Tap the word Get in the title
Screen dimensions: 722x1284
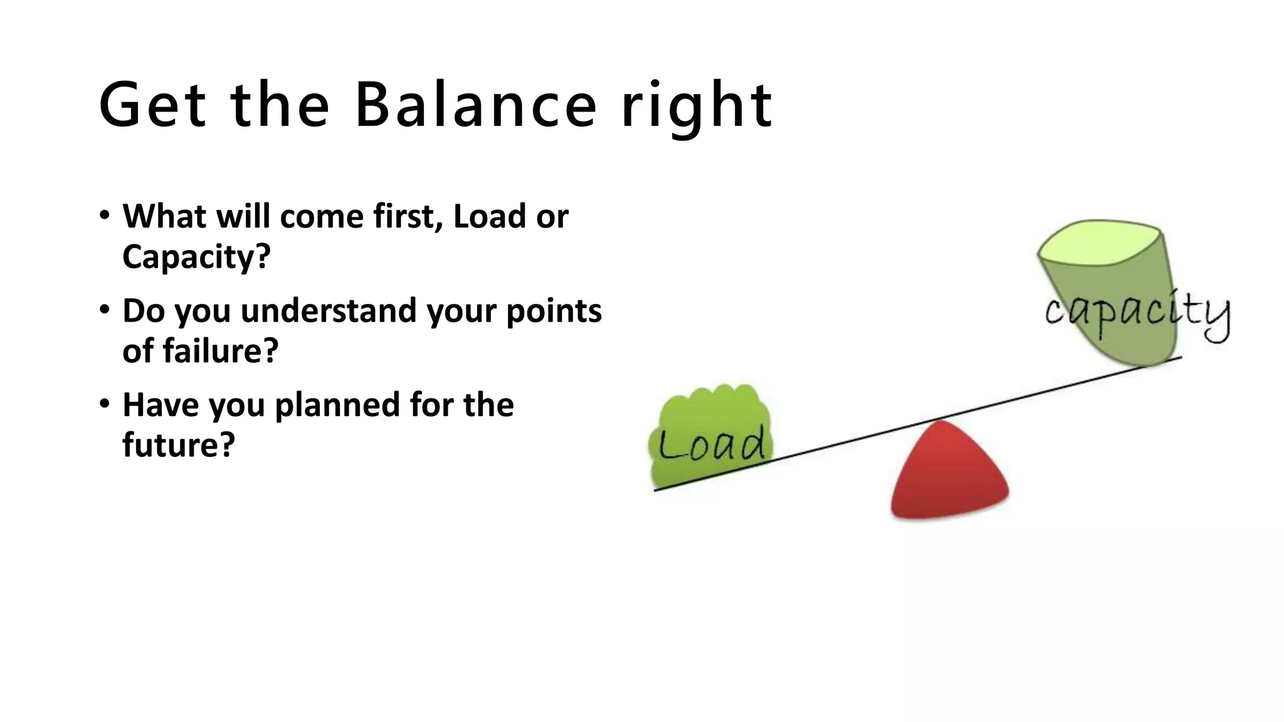(x=152, y=105)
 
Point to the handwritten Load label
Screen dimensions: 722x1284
(x=712, y=444)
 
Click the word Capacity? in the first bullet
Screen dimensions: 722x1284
(x=196, y=257)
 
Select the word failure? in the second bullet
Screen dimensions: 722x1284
(x=220, y=350)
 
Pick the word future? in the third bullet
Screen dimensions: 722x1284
(x=178, y=445)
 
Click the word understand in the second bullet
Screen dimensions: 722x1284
(x=329, y=311)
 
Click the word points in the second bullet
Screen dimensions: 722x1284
(x=554, y=311)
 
